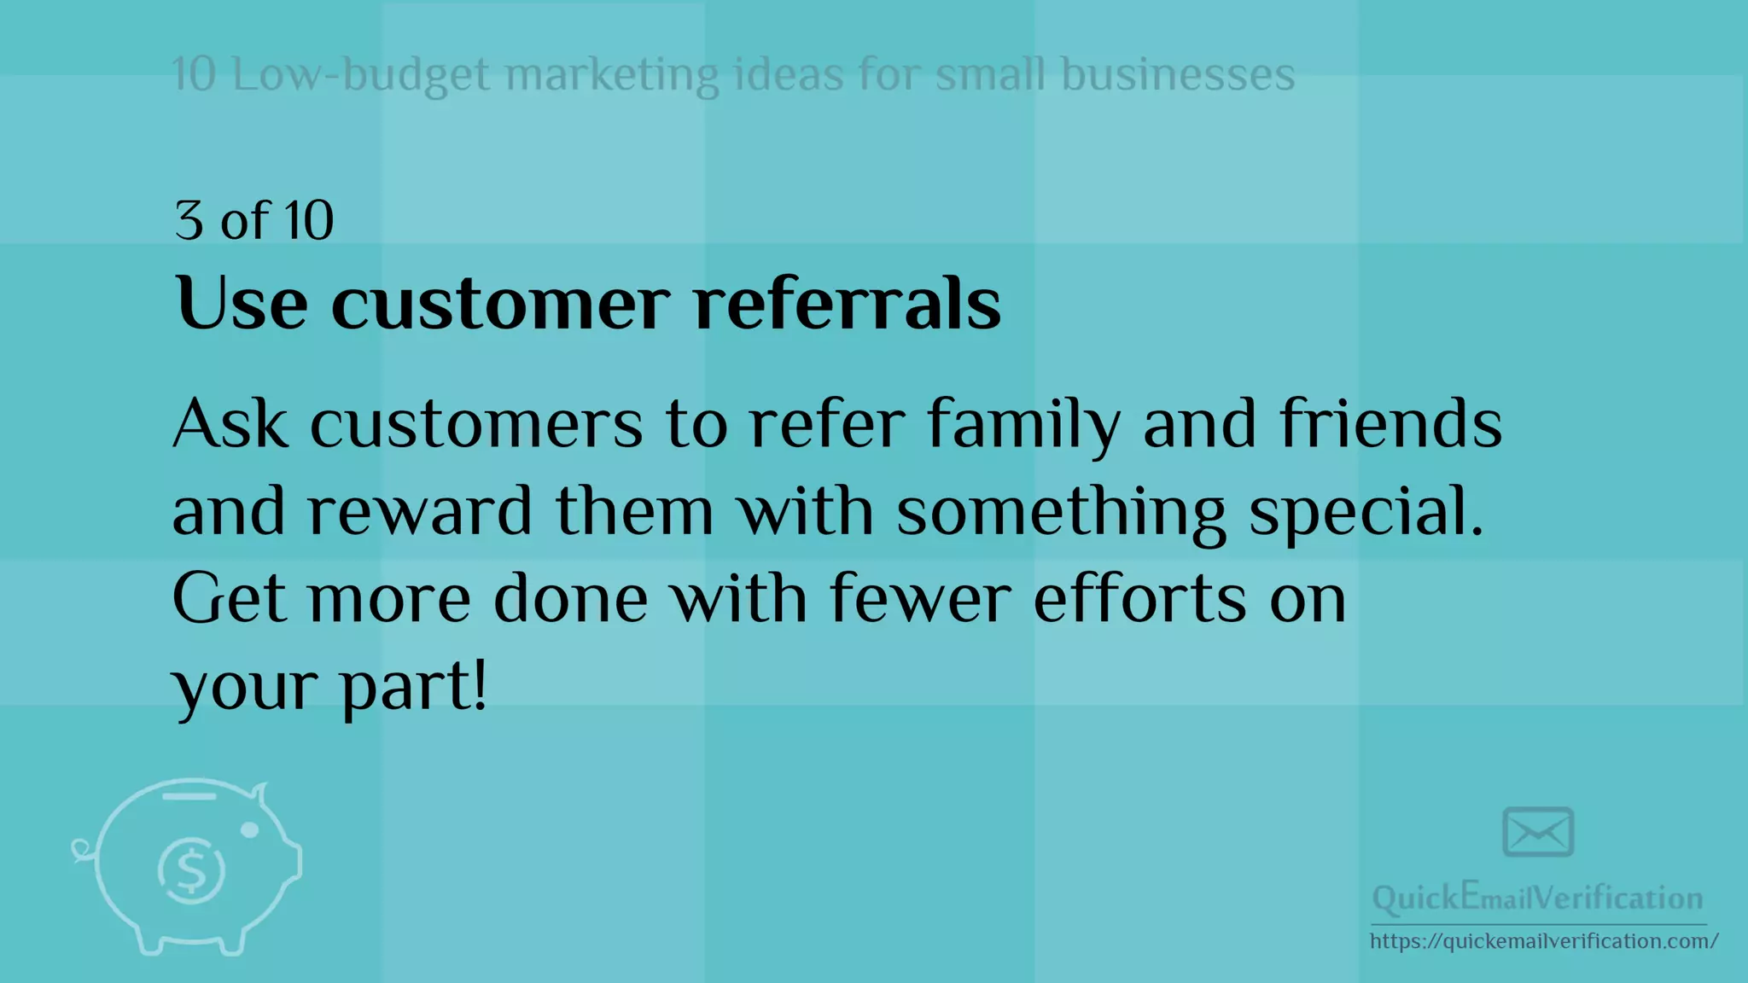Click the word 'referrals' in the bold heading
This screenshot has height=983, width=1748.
point(847,304)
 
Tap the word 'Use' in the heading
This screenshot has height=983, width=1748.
point(241,304)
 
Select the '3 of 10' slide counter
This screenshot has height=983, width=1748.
point(253,220)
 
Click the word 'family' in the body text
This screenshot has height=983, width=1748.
point(1023,425)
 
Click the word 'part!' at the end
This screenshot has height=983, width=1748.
point(414,688)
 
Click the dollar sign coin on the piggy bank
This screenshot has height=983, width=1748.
point(191,870)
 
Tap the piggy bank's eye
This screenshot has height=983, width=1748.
point(250,829)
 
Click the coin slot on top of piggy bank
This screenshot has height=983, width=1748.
point(189,797)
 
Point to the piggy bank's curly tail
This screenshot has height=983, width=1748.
point(82,850)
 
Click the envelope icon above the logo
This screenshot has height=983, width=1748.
point(1538,832)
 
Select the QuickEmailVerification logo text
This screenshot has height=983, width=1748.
point(1537,898)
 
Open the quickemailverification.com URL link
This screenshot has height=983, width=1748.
point(1543,941)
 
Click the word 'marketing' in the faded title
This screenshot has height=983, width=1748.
point(612,74)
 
